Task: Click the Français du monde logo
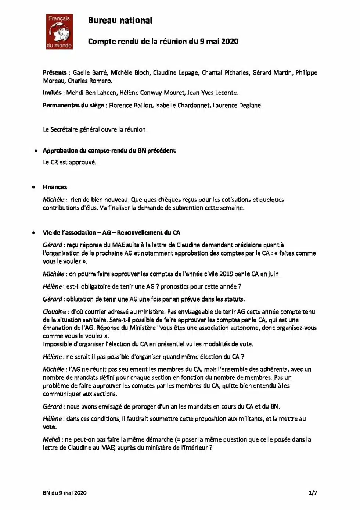(x=60, y=32)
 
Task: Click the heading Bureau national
(x=120, y=20)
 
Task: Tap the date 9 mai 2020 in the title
(x=219, y=42)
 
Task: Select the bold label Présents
(x=54, y=72)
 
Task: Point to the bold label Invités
(x=52, y=93)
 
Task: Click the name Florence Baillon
(x=130, y=105)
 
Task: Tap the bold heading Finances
(x=55, y=187)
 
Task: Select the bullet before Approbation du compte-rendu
(x=36, y=151)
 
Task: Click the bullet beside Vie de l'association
(x=34, y=233)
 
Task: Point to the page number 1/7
(x=313, y=493)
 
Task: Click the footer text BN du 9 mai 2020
(x=65, y=493)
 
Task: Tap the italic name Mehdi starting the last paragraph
(x=51, y=439)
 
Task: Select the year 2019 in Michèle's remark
(x=226, y=274)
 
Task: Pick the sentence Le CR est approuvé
(x=69, y=162)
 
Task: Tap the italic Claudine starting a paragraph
(x=54, y=312)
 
